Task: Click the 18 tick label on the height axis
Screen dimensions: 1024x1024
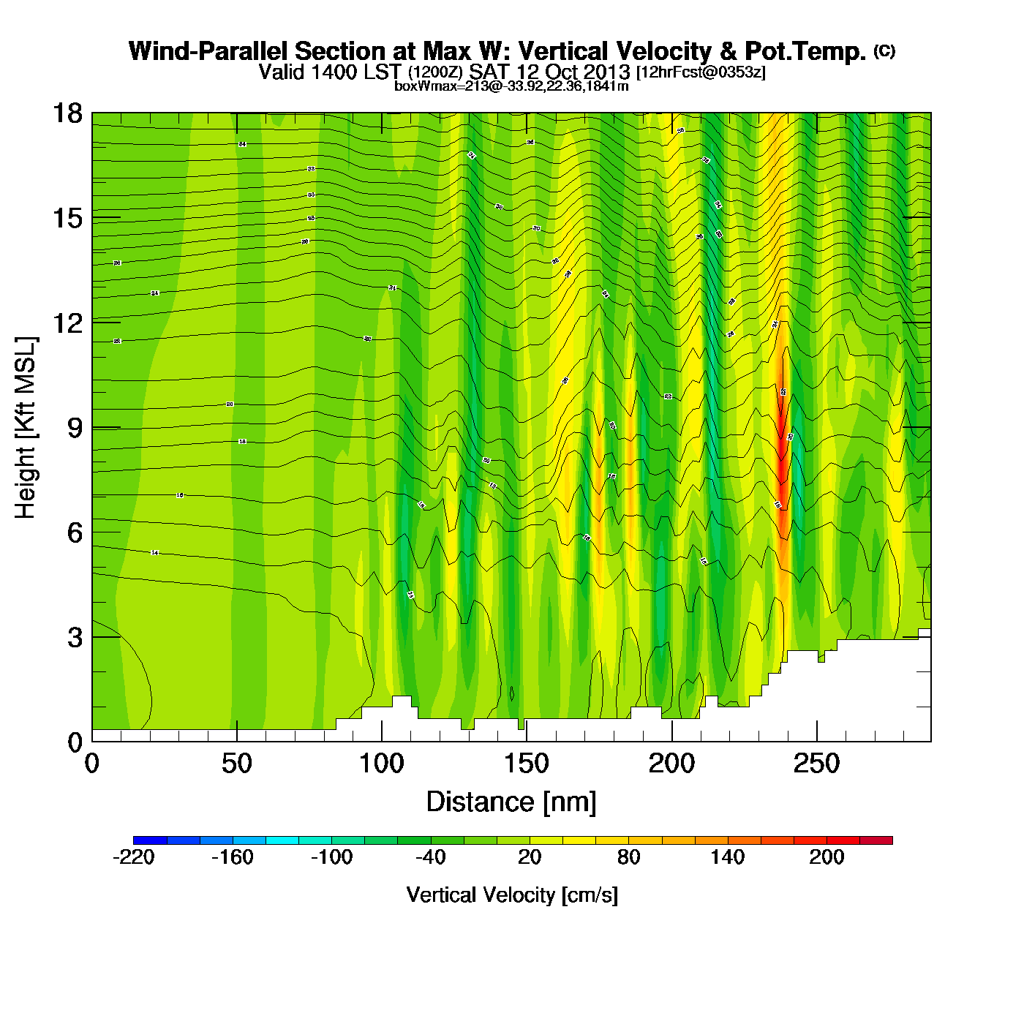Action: [67, 113]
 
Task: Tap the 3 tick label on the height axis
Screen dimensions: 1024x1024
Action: [75, 637]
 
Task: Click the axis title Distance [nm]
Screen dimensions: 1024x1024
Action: [511, 802]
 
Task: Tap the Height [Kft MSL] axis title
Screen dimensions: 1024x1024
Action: [26, 428]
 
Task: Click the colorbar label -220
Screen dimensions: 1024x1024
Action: [134, 857]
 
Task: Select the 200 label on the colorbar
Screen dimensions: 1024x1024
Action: [827, 857]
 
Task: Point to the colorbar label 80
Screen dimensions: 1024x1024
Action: [628, 857]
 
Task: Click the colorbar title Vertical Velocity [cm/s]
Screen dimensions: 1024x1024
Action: [512, 895]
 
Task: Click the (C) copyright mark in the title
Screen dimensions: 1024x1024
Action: [884, 50]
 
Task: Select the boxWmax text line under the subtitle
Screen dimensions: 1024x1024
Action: [511, 86]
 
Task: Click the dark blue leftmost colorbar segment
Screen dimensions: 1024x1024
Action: [150, 840]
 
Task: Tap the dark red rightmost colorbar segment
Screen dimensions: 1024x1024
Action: [876, 840]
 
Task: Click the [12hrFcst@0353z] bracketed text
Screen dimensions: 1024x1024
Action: [701, 72]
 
